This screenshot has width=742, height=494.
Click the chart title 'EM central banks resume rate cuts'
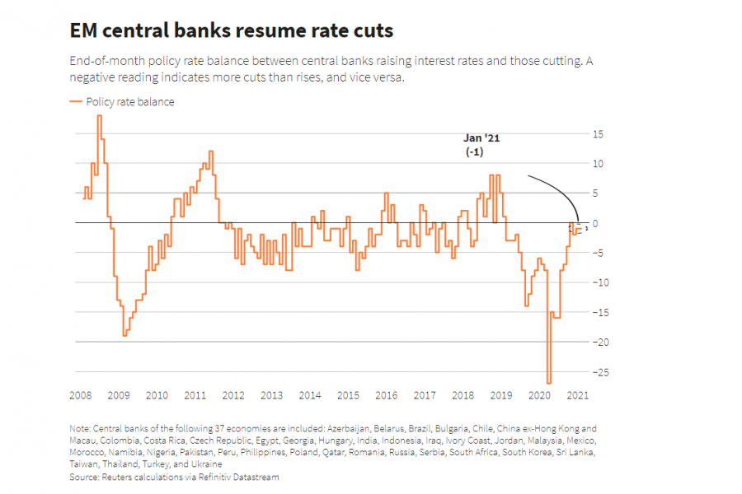(231, 31)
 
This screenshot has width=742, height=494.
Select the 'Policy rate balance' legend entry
(129, 102)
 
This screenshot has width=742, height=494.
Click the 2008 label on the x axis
(81, 395)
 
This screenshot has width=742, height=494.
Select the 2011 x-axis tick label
(195, 395)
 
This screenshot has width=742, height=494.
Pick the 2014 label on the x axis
(310, 395)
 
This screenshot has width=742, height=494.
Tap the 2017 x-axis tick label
(425, 395)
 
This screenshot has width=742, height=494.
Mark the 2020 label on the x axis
(539, 395)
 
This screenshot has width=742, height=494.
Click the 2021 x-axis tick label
(577, 395)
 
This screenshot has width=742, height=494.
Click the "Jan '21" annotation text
(481, 138)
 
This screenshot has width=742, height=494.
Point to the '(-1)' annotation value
(474, 153)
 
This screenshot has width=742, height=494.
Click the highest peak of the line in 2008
(99, 115)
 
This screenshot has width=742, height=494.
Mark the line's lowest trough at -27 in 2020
(549, 383)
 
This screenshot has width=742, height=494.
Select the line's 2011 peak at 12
(211, 151)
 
